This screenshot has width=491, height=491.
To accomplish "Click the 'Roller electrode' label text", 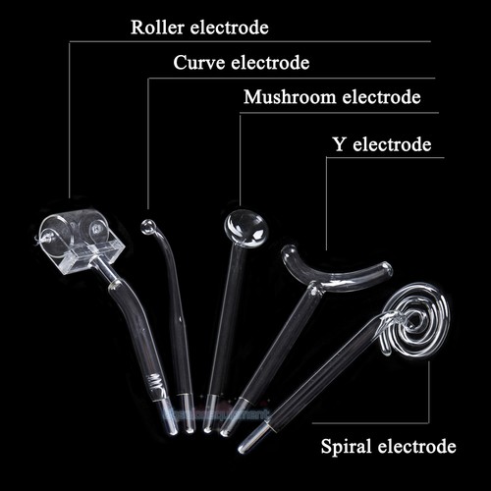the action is [199, 27].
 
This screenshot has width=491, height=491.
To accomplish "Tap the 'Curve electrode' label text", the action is [242, 63].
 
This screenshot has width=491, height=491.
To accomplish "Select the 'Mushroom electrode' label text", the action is [332, 97].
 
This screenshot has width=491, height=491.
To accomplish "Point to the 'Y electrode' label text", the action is [382, 144].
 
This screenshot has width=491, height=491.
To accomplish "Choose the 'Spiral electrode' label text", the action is [388, 446].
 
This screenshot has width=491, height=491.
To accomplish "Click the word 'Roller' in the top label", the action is [157, 27].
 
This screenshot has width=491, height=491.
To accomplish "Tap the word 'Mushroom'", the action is [290, 97].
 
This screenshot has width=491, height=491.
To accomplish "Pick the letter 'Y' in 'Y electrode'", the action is [339, 144].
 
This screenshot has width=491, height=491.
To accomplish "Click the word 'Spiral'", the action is [346, 447].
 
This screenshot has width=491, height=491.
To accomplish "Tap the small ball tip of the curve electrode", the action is [148, 227].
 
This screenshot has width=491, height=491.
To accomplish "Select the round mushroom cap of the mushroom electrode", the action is [246, 228].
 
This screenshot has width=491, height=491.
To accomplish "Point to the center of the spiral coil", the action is [415, 318].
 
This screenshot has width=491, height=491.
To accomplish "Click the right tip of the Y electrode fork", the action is [386, 268].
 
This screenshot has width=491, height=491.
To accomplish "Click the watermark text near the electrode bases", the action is [218, 414].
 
